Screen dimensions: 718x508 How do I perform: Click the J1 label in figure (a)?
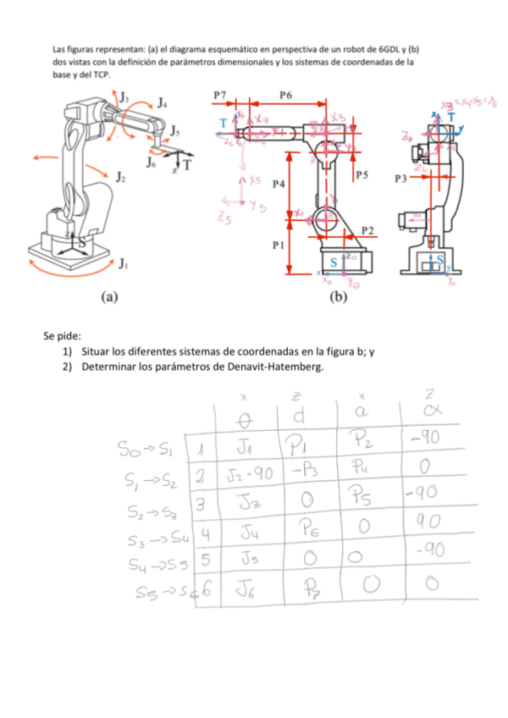(x=125, y=262)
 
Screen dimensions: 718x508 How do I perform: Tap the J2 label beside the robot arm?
(x=121, y=178)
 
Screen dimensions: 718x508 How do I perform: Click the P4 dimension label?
(x=279, y=182)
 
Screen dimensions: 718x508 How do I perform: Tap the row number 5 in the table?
(x=205, y=560)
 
